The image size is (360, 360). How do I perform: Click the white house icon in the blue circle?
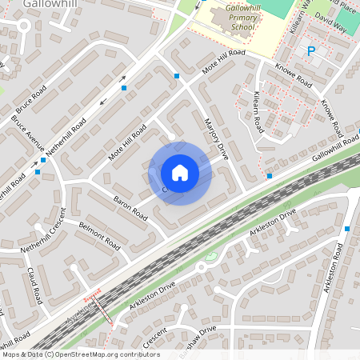(179, 172)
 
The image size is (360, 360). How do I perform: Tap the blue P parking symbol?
(311, 51)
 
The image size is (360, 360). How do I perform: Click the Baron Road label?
(130, 209)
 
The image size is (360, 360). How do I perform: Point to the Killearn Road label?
(258, 111)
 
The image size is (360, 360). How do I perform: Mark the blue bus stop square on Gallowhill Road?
(270, 175)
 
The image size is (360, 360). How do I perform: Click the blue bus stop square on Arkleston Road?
(347, 229)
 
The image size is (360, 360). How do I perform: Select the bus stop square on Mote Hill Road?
(177, 76)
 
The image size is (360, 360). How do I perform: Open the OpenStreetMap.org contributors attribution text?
(80, 354)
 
